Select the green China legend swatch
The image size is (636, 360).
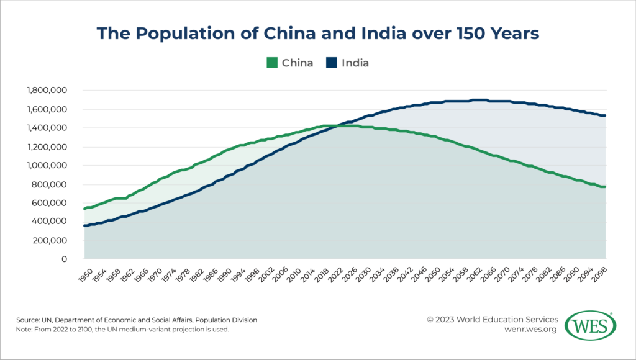271,63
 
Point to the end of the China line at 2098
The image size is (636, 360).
605,187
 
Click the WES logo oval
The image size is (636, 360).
595,325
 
